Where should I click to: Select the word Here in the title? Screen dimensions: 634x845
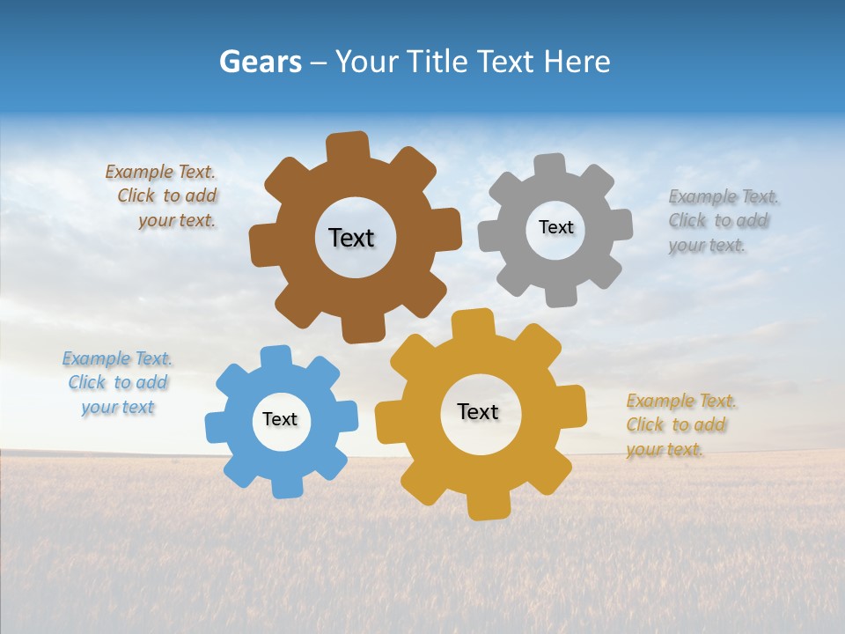point(576,63)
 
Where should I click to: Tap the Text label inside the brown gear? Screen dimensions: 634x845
point(351,238)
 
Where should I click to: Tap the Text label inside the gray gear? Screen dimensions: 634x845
point(555,227)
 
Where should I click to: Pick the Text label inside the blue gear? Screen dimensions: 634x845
point(280,419)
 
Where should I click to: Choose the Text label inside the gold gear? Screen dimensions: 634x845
point(478,411)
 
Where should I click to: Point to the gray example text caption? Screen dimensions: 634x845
point(720,221)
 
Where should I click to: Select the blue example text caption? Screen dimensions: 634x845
point(117,383)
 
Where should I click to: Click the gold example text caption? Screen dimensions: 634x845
point(679,424)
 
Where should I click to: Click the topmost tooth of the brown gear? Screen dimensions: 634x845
point(348,145)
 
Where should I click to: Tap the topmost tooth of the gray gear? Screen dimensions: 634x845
point(550,166)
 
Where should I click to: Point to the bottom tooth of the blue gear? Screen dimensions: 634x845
point(285,486)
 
